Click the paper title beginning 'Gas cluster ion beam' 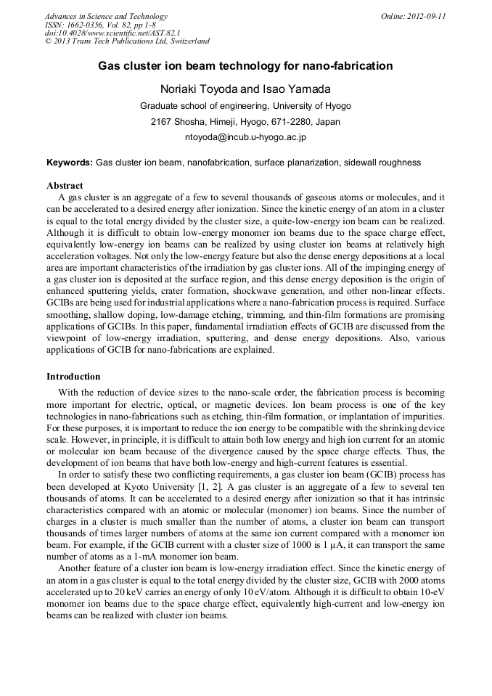coord(245,66)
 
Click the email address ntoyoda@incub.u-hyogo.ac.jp coord(245,136)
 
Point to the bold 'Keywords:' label coord(70,163)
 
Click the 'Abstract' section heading coord(65,186)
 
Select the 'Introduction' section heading coord(73,377)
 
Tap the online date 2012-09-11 coord(427,17)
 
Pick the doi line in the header coord(112,33)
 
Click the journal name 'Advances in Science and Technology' coord(106,17)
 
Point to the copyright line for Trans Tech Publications coord(127,41)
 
